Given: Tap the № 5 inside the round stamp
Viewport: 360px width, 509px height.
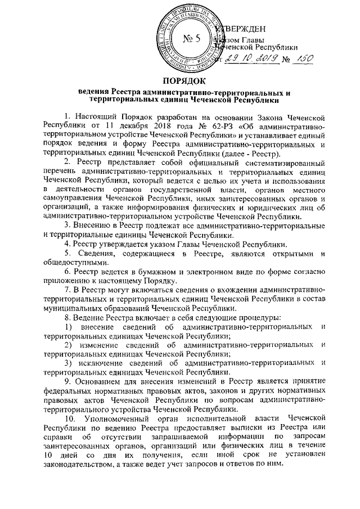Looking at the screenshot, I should tap(192, 38).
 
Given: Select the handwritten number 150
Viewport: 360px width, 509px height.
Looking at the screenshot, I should tap(302, 60).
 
